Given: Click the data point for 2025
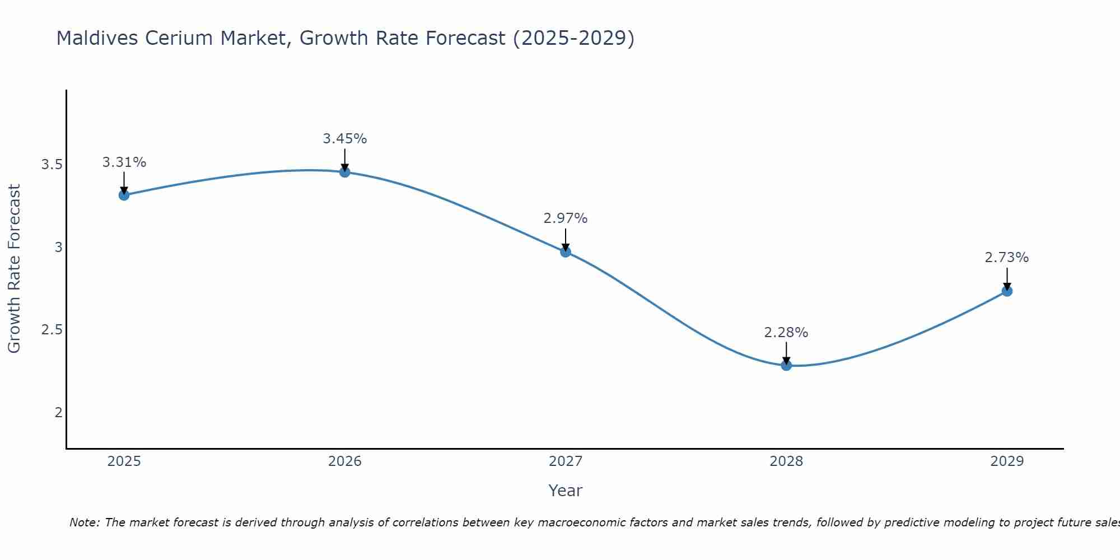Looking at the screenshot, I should click(x=124, y=195).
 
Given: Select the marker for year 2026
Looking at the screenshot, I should click(x=345, y=172).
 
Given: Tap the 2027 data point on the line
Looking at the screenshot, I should click(x=566, y=252).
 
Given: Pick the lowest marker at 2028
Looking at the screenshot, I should click(x=786, y=366).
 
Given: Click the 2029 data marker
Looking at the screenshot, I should click(x=1007, y=291).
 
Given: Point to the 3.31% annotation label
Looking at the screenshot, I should click(x=124, y=162).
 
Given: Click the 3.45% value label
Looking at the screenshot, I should click(x=345, y=138).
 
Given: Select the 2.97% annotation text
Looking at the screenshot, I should click(x=566, y=218).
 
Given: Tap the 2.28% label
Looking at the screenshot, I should click(x=786, y=333).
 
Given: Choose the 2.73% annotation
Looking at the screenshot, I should click(x=1007, y=258).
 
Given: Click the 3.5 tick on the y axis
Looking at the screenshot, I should click(x=52, y=165).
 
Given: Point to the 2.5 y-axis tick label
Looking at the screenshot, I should click(x=52, y=330).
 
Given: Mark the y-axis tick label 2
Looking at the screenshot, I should click(x=58, y=413).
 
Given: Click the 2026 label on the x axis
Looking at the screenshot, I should click(x=345, y=461).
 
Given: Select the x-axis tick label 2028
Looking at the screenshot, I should click(x=786, y=461).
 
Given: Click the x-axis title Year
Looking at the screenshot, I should click(x=566, y=491).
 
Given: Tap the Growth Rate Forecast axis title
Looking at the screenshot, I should click(x=14, y=269).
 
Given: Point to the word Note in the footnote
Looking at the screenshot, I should click(x=84, y=522).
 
